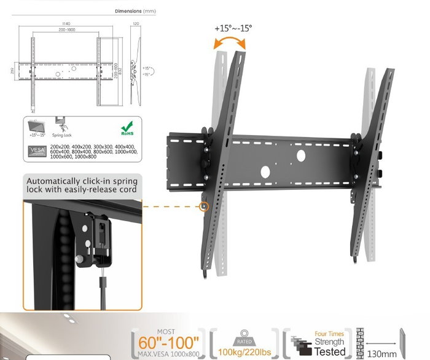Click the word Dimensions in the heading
pyautogui.click(x=128, y=11)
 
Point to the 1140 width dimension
pyautogui.click(x=59, y=24)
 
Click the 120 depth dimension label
pyautogui.click(x=136, y=24)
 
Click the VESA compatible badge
pyautogui.click(x=36, y=151)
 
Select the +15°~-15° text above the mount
pyautogui.click(x=233, y=28)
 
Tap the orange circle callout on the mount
pyautogui.click(x=205, y=207)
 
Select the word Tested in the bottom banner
pyautogui.click(x=330, y=351)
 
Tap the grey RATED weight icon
pyautogui.click(x=243, y=334)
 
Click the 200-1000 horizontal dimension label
pyautogui.click(x=59, y=29)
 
